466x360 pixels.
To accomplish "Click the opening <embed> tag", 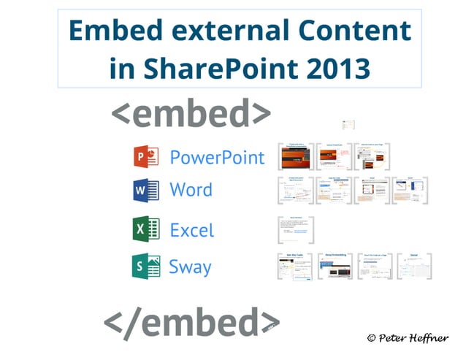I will click(x=191, y=114).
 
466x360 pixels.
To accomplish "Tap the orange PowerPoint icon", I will click(x=146, y=157).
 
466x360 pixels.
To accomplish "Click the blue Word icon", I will click(x=146, y=191).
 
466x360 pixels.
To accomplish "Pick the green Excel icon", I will click(x=146, y=229).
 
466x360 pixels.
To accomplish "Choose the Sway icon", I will click(x=146, y=265).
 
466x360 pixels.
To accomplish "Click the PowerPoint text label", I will click(x=217, y=157).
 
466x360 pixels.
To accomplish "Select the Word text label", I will click(x=191, y=191).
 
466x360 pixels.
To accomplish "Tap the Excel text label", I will click(x=192, y=230).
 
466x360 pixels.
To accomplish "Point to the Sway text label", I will click(x=190, y=266).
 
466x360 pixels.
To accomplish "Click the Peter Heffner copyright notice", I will click(x=409, y=338).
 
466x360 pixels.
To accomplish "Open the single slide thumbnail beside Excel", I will click(x=296, y=230).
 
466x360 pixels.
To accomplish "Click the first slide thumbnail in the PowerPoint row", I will click(x=296, y=156).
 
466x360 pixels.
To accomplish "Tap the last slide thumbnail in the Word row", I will click(x=410, y=190).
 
